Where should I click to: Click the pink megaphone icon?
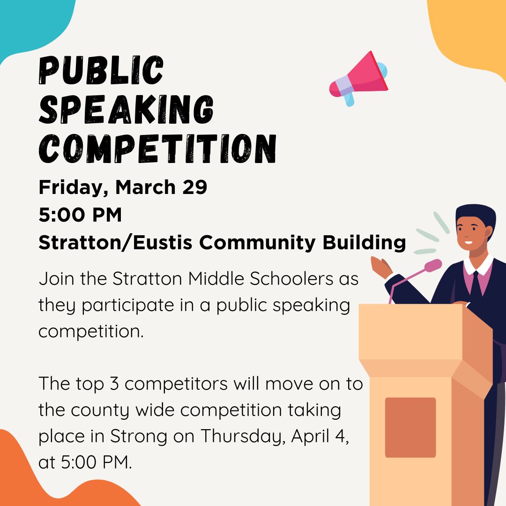pyautogui.click(x=359, y=78)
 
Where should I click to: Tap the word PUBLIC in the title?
pyautogui.click(x=101, y=70)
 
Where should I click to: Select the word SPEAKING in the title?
pyautogui.click(x=126, y=109)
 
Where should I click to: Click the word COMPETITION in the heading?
pyautogui.click(x=157, y=149)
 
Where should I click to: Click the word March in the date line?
pyautogui.click(x=146, y=187)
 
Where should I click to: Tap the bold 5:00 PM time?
pyautogui.click(x=80, y=215)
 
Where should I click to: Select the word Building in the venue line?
pyautogui.click(x=364, y=243)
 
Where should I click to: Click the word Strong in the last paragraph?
pyautogui.click(x=139, y=437)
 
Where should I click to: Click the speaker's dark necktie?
pyautogui.click(x=476, y=284)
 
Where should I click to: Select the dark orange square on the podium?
pyautogui.click(x=410, y=427)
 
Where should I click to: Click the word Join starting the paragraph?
pyautogui.click(x=57, y=278)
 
